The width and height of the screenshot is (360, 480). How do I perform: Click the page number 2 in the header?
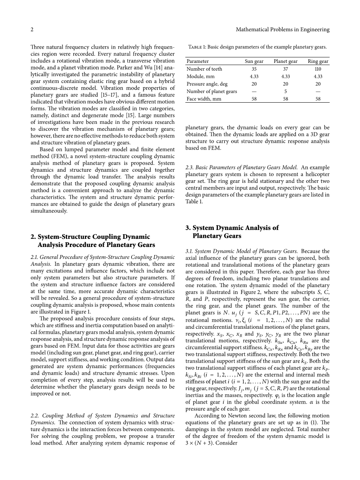pos(32,29)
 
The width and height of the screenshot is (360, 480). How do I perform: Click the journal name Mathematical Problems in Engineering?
pos(282,29)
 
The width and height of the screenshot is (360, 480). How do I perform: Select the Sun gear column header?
pos(254,61)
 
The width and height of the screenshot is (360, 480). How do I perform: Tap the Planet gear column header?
pos(286,61)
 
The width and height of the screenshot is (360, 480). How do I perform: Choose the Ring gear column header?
pos(318,61)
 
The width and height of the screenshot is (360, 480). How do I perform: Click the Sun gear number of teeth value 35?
pos(254,69)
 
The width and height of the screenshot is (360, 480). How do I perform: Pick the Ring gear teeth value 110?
pos(318,69)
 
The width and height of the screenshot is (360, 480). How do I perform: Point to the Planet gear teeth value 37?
pos(286,69)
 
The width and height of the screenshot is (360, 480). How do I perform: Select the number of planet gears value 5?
pos(286,91)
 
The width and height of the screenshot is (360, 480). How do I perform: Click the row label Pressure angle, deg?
pos(207,84)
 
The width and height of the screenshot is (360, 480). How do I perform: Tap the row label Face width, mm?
pos(204,99)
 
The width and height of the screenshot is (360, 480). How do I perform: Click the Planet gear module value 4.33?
pos(286,76)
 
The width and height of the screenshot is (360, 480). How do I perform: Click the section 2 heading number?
pos(33,237)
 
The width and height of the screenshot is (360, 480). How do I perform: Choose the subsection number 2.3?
pos(189,167)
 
